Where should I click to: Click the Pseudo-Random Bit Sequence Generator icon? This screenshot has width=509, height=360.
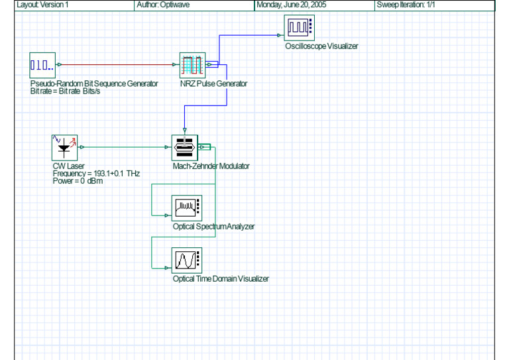point(42,65)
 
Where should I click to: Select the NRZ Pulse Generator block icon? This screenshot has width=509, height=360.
point(192,65)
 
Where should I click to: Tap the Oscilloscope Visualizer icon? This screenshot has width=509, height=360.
point(300,28)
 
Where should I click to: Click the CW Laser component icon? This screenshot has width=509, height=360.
point(64,148)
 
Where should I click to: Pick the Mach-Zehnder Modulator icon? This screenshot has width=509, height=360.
point(185,148)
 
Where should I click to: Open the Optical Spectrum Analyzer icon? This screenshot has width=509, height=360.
point(187,208)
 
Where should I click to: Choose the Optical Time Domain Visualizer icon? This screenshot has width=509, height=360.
point(187,261)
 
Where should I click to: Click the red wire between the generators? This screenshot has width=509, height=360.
point(117,64)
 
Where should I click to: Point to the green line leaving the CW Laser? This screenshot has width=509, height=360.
point(125,147)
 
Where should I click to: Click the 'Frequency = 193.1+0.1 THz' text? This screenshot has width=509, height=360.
point(96,174)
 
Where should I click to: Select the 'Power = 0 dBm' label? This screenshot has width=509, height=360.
point(78,181)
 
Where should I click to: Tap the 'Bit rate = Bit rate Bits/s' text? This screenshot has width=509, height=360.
point(65,91)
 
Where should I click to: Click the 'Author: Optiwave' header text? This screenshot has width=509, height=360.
point(163,5)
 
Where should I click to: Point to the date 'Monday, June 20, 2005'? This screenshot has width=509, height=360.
point(291,5)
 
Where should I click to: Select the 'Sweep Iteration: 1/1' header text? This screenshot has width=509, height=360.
point(406,5)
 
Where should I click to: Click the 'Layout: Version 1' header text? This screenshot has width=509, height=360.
point(42,5)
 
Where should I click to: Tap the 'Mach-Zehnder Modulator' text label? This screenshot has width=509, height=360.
point(211,166)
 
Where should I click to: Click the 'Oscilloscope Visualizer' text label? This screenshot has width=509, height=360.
point(321,46)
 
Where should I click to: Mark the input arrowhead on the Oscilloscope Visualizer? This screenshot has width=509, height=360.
point(279,35)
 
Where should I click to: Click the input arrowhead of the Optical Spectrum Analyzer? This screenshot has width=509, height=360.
point(167,215)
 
